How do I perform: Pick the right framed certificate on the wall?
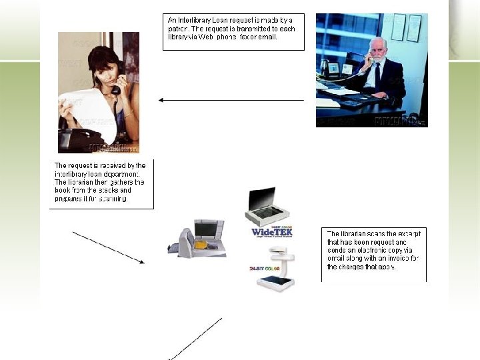(x=415, y=28)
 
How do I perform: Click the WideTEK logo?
(x=271, y=232)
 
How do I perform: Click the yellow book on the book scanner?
(x=199, y=244)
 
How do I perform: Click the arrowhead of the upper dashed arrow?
(x=141, y=262)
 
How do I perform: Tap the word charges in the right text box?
(x=357, y=267)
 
